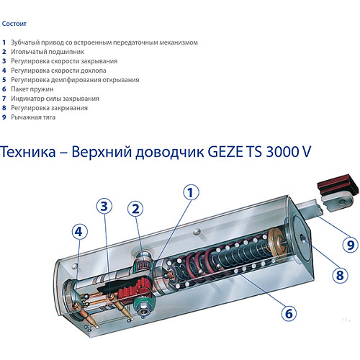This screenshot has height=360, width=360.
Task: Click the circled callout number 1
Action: [190, 192]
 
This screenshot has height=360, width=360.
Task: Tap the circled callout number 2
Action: [135, 209]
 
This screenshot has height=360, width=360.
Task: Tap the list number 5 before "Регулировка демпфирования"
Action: [4, 80]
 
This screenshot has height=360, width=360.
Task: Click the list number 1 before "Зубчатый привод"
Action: [4, 42]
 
